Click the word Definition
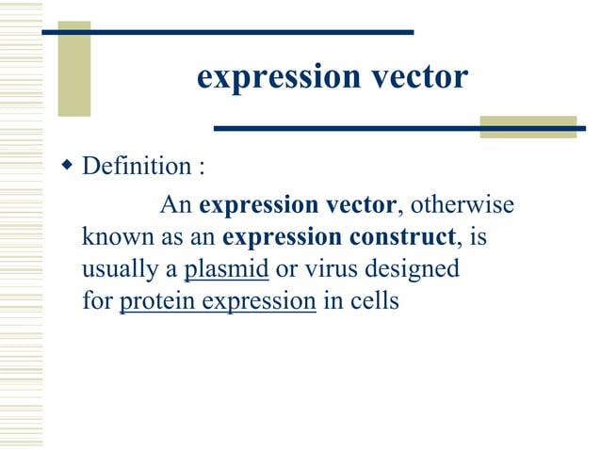point(137,168)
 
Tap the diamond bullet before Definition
point(66,167)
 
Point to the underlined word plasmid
point(227,269)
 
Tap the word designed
point(414,270)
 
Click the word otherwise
point(463,203)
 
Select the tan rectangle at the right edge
point(528,127)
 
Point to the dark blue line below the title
point(396,127)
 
